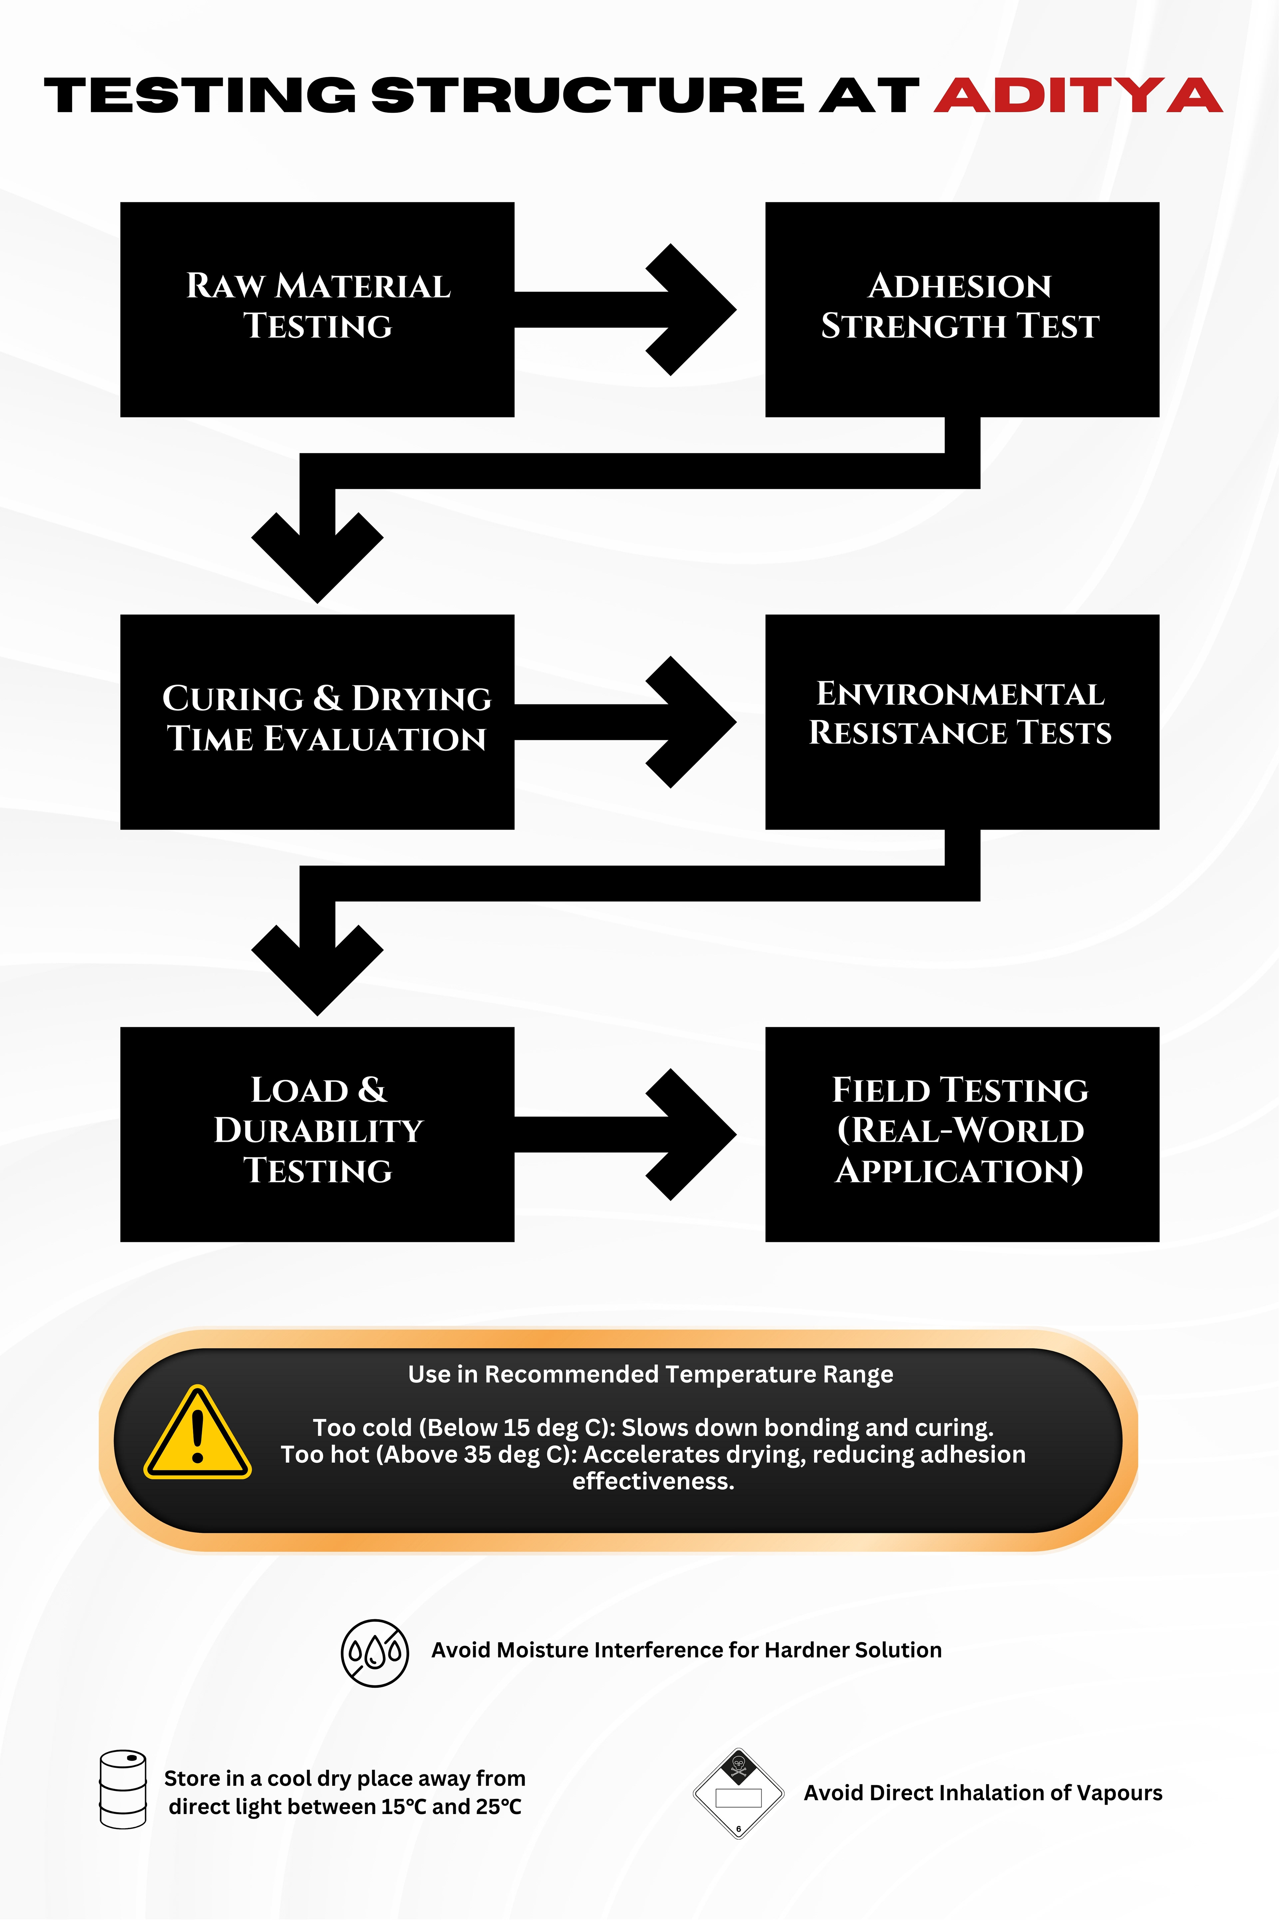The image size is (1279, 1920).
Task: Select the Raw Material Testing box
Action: coord(317,309)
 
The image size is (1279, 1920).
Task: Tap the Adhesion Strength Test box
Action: coord(962,309)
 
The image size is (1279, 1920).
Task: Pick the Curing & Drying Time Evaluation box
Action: coord(317,721)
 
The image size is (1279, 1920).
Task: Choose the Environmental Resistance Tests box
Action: coord(962,721)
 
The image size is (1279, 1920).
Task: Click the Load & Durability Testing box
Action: coord(317,1134)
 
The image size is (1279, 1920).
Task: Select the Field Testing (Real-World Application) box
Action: coord(962,1134)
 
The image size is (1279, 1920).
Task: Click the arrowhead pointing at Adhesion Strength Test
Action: coord(693,309)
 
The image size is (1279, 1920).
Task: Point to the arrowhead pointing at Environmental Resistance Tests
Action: coord(693,721)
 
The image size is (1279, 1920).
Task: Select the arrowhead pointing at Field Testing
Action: coord(693,1134)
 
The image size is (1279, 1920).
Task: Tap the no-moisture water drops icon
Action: coord(374,1652)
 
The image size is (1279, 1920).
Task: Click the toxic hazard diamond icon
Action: coord(738,1793)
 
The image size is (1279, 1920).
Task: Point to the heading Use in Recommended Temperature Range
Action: coord(650,1374)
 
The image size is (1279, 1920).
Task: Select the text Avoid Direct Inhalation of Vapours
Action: coord(983,1793)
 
